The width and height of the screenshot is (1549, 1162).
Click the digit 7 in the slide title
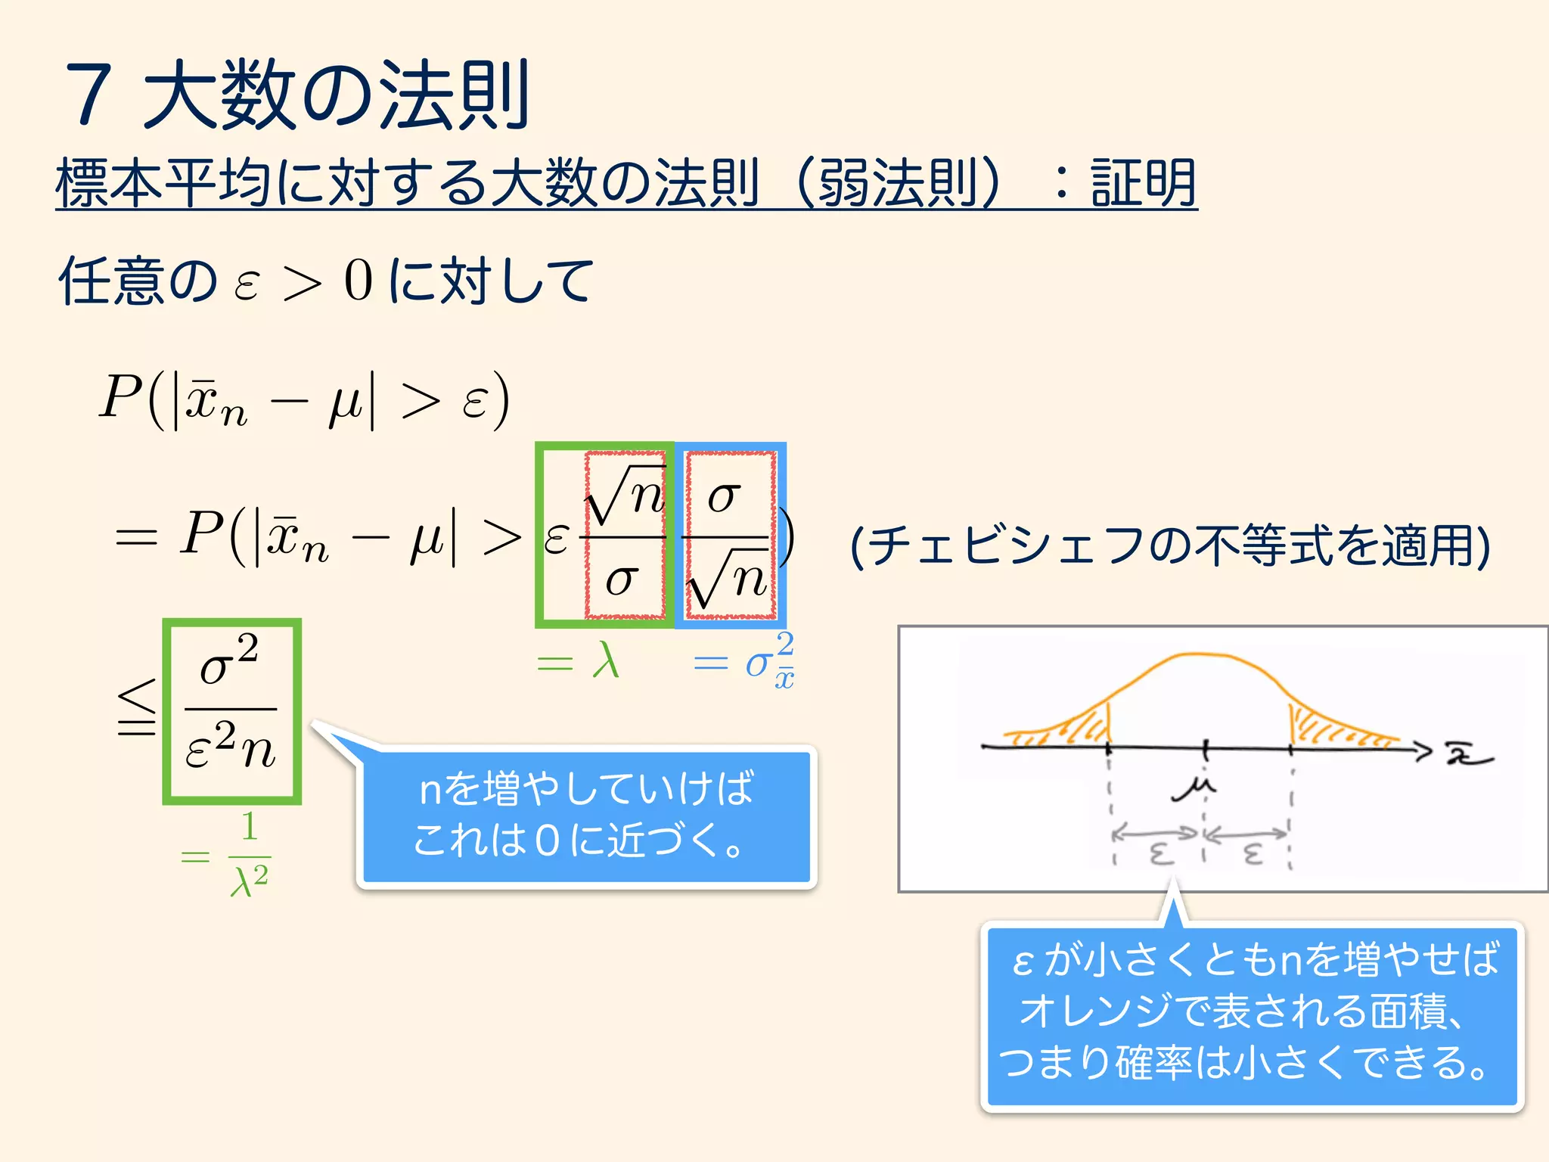[90, 95]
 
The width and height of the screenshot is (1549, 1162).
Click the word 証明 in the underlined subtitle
[1143, 183]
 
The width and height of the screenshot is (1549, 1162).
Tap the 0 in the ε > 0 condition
[359, 281]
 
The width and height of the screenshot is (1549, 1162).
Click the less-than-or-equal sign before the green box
[137, 708]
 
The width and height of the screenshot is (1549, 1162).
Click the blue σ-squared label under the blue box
[768, 661]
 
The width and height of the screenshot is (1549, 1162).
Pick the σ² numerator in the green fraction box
[229, 660]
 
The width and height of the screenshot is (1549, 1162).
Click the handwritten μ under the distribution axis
[1194, 788]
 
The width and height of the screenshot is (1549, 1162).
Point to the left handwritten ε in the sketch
[1161, 854]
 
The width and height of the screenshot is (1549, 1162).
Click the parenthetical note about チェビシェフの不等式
[1170, 545]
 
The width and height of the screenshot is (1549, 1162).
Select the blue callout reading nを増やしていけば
[586, 815]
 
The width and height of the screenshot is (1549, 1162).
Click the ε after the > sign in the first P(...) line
[474, 401]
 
